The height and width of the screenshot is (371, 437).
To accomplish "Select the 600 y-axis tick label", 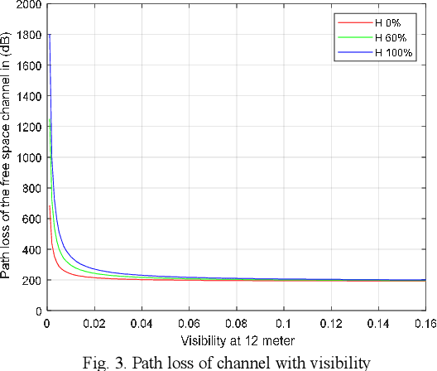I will [x=31, y=219].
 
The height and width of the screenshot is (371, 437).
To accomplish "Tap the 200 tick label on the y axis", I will [x=31, y=280].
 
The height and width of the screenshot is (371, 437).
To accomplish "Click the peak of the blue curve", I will [x=50, y=35].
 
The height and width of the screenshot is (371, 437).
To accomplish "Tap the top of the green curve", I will [x=50, y=120].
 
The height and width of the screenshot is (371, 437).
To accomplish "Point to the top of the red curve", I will [x=50, y=206].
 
